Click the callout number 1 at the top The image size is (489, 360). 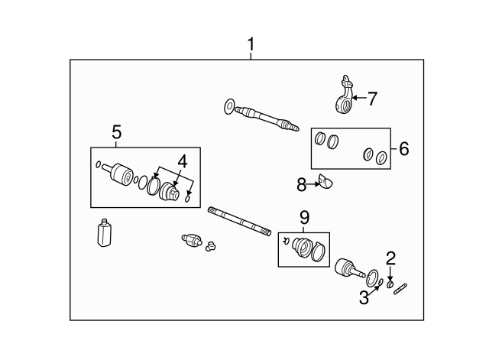pos(250,45)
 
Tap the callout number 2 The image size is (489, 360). pos(390,258)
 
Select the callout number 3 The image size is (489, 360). pos(364,297)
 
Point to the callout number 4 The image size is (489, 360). pos(181,161)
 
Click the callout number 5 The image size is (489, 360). pos(117,131)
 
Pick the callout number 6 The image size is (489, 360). pos(403,148)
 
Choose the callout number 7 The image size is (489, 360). pos(372,98)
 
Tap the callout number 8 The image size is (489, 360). pos(302,183)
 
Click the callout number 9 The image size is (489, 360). pos(303,217)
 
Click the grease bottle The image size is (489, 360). pos(105,232)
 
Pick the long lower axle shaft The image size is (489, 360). pos(238,221)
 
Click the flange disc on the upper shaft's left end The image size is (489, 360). pos(230,106)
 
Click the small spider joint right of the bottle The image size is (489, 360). pos(193,242)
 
